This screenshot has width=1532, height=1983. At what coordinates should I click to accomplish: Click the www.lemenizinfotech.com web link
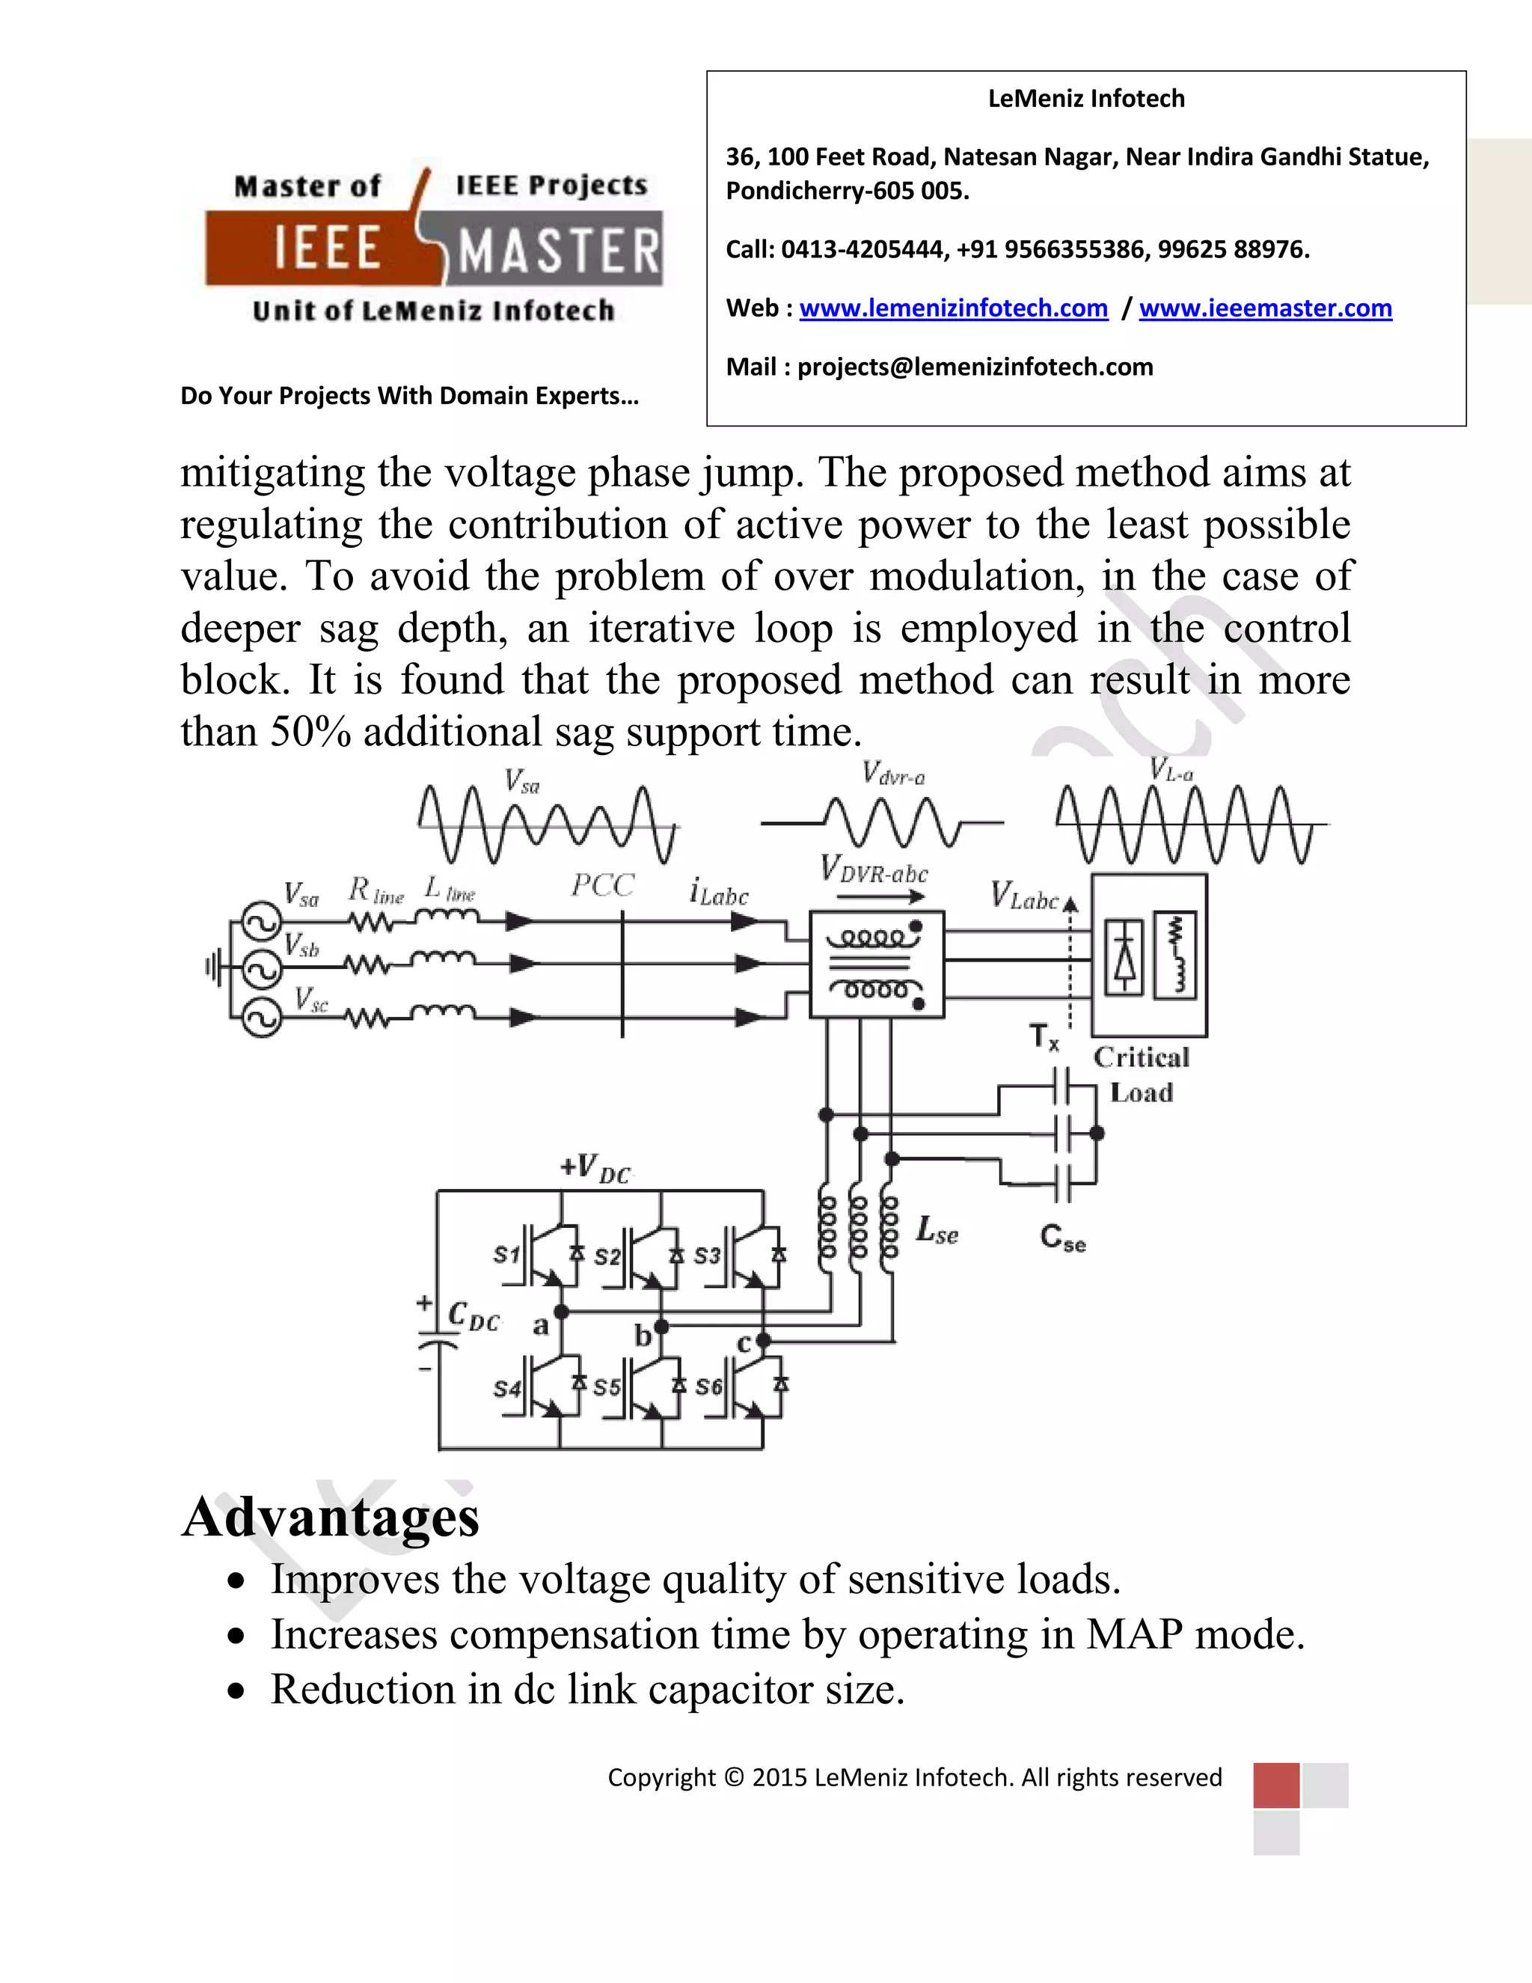(953, 309)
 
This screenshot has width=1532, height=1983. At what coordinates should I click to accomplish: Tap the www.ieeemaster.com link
(1265, 309)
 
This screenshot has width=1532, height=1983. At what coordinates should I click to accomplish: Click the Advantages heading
(331, 1518)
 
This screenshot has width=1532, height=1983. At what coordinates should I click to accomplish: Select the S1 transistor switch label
(506, 1255)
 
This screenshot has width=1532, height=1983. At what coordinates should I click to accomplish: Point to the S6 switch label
(708, 1387)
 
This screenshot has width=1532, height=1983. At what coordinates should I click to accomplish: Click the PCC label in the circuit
(601, 885)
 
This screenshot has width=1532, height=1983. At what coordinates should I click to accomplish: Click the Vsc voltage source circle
(261, 1018)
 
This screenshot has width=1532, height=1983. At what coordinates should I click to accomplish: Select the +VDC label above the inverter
(595, 1167)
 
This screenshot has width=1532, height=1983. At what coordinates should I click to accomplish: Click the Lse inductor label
(937, 1230)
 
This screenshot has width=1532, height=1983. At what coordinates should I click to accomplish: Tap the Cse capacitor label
(1063, 1238)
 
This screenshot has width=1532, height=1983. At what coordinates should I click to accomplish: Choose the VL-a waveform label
(1171, 770)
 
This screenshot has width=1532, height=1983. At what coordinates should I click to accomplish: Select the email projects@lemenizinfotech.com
(975, 367)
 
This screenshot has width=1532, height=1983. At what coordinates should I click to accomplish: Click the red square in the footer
(1275, 1785)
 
